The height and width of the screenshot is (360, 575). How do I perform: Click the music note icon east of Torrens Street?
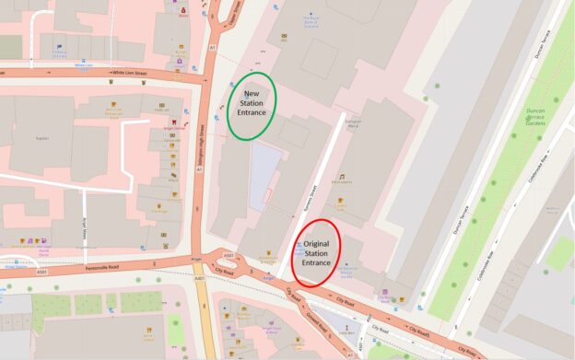pos(341,176)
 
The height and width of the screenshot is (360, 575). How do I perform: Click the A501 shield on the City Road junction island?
pos(229,256)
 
